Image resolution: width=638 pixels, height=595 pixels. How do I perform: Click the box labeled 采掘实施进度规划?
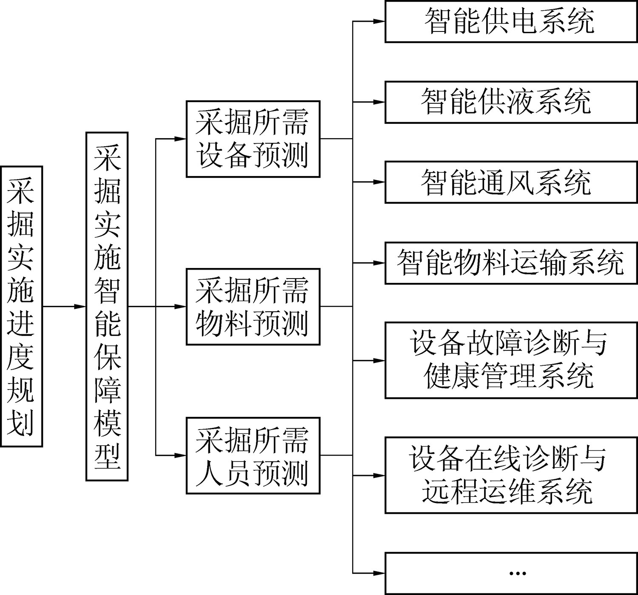pos(21,306)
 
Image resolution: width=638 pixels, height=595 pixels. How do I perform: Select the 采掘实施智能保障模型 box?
pos(107,306)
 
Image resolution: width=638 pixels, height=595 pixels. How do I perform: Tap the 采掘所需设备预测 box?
pos(253,139)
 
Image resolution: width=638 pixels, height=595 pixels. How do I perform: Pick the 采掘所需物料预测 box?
pos(253,306)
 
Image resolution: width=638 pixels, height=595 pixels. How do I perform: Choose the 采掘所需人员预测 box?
pos(253,456)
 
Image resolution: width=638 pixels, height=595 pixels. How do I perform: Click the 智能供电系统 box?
pos(511,21)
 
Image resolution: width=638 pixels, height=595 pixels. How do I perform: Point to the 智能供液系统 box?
pos(511,102)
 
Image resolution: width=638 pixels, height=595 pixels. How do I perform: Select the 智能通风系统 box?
pos(511,182)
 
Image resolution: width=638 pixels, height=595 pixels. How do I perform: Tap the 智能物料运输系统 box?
pos(511,263)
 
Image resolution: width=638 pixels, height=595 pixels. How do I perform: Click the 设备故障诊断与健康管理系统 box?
pos(511,360)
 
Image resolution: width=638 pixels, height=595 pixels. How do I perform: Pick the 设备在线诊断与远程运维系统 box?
pos(511,475)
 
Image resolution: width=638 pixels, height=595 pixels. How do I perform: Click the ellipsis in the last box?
pos(517,573)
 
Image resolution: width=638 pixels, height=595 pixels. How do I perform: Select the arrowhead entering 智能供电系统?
pos(380,21)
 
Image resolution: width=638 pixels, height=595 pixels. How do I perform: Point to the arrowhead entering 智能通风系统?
pos(380,182)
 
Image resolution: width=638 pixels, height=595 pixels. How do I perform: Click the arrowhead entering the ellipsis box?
pos(380,573)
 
